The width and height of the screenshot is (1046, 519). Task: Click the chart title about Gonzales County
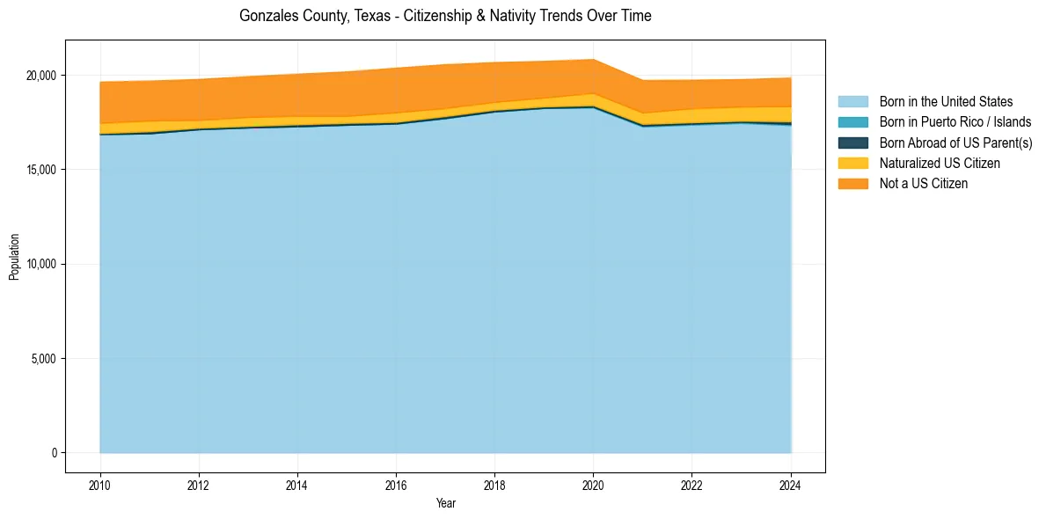click(445, 16)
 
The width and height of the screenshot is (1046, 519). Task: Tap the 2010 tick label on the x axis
click(100, 485)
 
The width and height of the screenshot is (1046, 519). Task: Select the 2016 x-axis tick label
click(397, 485)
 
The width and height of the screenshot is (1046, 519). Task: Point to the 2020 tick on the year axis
click(594, 485)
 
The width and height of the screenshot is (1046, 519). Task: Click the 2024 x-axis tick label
click(791, 485)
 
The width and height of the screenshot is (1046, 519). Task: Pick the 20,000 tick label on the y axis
click(41, 75)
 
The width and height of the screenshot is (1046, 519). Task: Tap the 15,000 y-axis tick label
click(41, 170)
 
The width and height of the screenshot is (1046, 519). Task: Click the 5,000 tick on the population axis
click(44, 359)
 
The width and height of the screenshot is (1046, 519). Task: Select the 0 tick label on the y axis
click(54, 453)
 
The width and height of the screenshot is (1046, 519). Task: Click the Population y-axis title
click(14, 257)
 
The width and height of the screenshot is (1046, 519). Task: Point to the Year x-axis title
click(445, 503)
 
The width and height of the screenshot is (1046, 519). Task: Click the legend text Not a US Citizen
click(923, 184)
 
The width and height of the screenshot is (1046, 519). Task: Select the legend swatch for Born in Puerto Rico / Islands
click(852, 122)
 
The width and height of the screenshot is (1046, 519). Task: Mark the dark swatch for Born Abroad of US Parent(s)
click(852, 143)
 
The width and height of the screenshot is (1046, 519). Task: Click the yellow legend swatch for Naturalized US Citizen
click(852, 164)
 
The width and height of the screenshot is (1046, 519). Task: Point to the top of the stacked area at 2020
click(594, 60)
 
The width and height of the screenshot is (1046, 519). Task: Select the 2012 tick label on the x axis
click(199, 485)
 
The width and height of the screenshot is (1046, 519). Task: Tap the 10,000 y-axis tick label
click(41, 264)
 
